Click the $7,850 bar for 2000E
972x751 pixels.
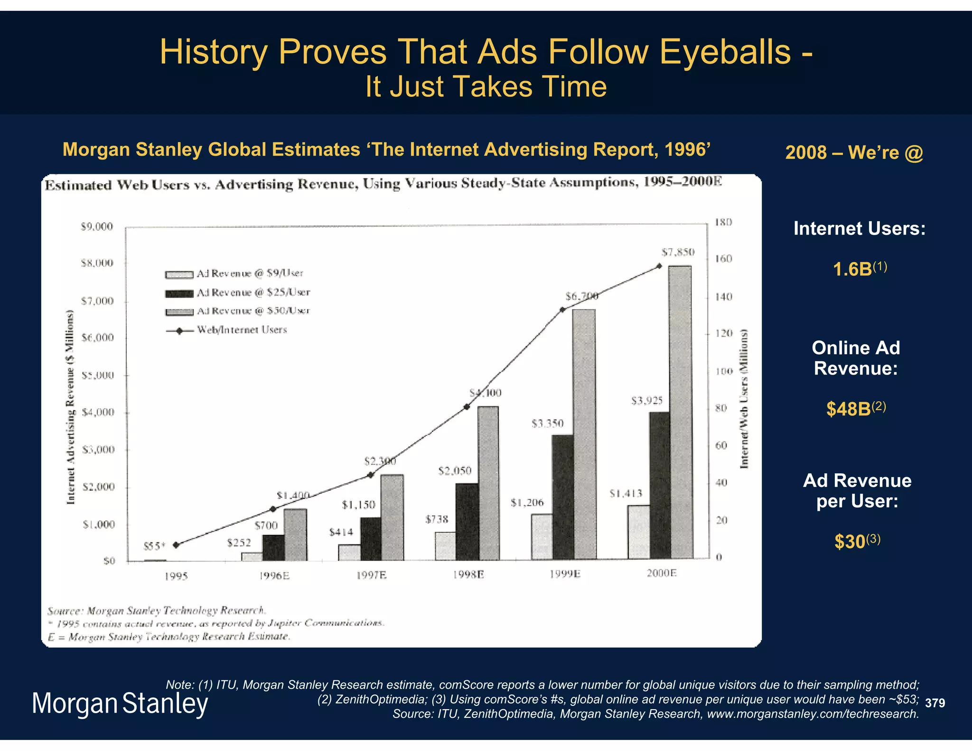click(680, 413)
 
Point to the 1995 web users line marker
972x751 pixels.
click(176, 545)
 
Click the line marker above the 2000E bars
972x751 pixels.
click(659, 266)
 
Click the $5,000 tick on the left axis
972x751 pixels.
click(98, 375)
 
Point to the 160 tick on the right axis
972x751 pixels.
click(723, 259)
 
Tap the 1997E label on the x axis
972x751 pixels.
click(371, 575)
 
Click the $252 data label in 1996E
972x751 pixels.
click(239, 543)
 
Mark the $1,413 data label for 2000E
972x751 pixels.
click(626, 494)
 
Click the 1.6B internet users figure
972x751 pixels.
click(853, 269)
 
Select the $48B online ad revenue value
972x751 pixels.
click(849, 409)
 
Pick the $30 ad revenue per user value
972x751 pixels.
click(850, 542)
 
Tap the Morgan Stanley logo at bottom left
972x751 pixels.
click(120, 704)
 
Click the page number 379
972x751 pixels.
click(935, 703)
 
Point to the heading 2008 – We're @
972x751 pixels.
click(854, 152)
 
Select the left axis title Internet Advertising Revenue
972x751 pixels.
click(71, 407)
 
